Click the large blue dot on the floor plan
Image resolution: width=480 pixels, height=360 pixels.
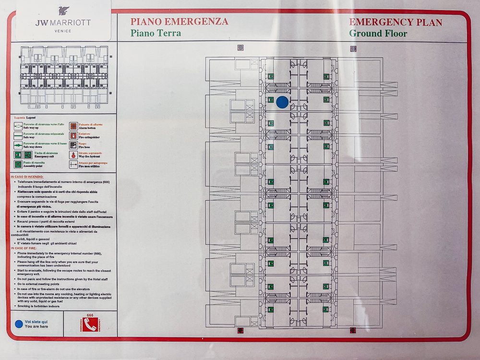point(282,102)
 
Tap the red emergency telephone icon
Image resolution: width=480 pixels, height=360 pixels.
point(90,324)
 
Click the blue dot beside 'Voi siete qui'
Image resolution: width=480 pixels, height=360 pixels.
point(19,324)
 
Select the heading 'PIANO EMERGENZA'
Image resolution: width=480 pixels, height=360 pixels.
point(179,22)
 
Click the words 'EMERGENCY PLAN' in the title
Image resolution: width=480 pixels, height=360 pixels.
point(396,22)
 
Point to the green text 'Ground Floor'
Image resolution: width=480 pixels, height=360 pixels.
point(378,34)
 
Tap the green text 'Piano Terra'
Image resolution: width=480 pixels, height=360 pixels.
point(156,34)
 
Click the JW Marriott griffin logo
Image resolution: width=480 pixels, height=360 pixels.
point(63,11)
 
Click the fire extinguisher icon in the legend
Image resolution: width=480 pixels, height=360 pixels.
point(73,135)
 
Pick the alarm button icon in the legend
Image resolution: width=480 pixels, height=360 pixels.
point(73,126)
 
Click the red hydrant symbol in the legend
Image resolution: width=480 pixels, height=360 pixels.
point(73,155)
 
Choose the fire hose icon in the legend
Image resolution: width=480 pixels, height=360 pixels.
point(73,145)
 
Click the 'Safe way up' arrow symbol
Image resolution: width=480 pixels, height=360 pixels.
point(18,126)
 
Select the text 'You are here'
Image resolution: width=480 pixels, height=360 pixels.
point(36,326)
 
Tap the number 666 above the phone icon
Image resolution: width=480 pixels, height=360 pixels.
point(90,315)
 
